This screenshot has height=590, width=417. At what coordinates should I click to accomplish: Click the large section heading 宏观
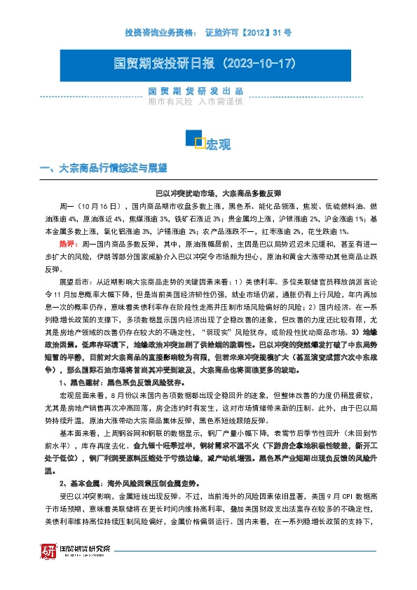[219, 145]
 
